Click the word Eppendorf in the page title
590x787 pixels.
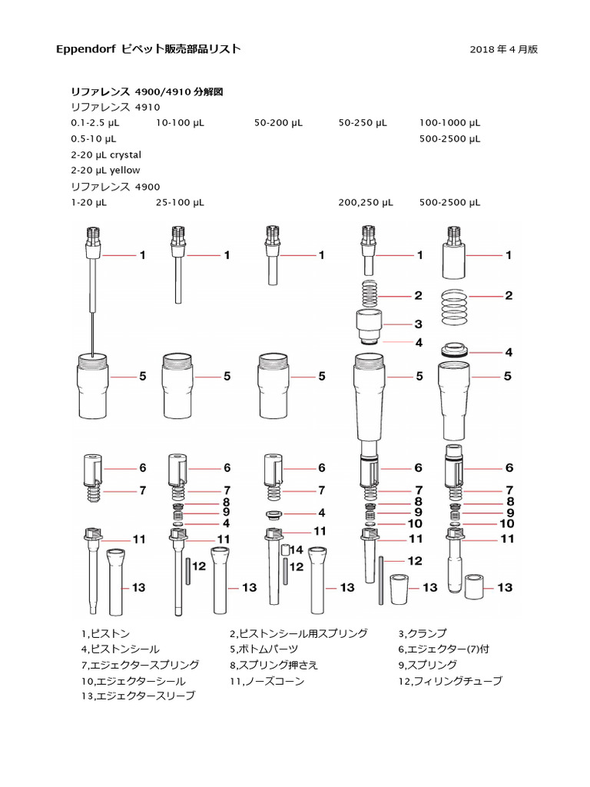[86, 49]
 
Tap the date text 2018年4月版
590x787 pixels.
[503, 49]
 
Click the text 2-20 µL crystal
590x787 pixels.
[106, 154]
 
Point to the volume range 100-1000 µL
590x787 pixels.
[450, 122]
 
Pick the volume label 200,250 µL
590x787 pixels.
[366, 202]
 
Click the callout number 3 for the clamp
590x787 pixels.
[419, 324]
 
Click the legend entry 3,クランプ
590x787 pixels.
[422, 634]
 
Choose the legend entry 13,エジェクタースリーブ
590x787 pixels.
[138, 696]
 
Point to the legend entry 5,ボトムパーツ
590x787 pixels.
[269, 649]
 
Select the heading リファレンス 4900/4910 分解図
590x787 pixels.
[147, 91]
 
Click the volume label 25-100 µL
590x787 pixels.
[180, 202]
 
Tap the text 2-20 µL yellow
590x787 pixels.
[104, 170]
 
